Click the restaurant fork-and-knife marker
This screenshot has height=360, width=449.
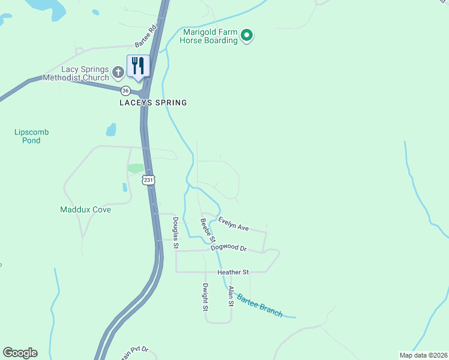(x=138, y=65)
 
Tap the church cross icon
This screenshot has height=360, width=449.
(x=119, y=73)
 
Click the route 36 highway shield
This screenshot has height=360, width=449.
(x=125, y=91)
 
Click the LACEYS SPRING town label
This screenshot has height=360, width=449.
(x=152, y=103)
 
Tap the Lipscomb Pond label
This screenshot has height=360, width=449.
(x=31, y=136)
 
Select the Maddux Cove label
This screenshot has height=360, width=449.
(x=85, y=209)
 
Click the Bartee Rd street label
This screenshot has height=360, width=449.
(x=145, y=36)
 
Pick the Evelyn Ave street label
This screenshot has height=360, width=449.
(x=234, y=224)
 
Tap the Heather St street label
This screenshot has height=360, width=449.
(x=233, y=272)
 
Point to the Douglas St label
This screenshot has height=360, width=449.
(x=175, y=233)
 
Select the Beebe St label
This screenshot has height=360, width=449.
(x=208, y=230)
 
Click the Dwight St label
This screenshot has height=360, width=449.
(x=205, y=297)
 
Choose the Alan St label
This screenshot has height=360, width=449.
(x=230, y=296)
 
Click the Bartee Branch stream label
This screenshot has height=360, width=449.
(x=259, y=305)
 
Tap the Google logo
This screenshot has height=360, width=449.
(x=20, y=353)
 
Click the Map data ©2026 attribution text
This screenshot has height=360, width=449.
(x=423, y=355)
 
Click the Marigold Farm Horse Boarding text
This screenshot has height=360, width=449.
(x=210, y=37)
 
